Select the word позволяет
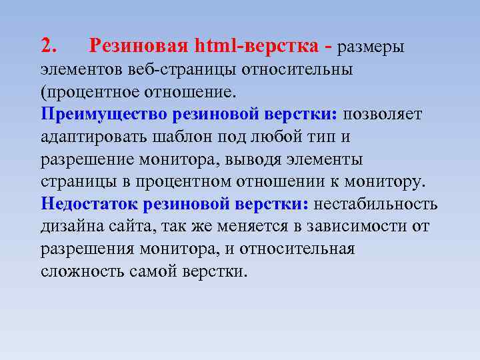tap(382, 113)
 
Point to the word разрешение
tap(86, 159)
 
